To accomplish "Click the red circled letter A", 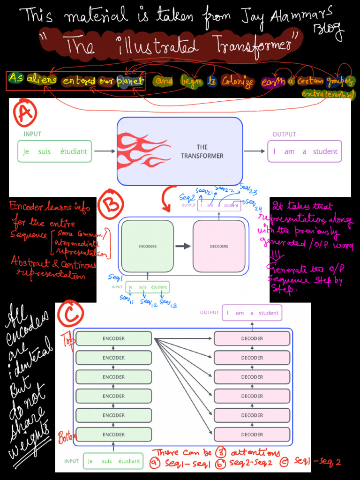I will point(25,114).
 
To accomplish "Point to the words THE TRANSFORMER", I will point(202,151).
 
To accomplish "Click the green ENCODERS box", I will point(147,246).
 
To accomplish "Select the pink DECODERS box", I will point(219,246).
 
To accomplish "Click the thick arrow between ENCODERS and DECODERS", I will point(183,246).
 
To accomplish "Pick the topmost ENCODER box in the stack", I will point(114,338).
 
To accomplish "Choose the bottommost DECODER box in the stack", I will point(252,435).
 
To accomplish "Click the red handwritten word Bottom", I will point(67,438).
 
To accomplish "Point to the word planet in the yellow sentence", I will point(130,81).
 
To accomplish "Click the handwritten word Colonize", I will point(237,82).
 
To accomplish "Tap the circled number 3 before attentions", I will point(220,453).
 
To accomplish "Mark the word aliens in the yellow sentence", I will point(42,80).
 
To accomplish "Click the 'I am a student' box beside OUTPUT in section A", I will point(305,151).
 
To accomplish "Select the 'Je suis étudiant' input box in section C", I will point(113,461).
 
